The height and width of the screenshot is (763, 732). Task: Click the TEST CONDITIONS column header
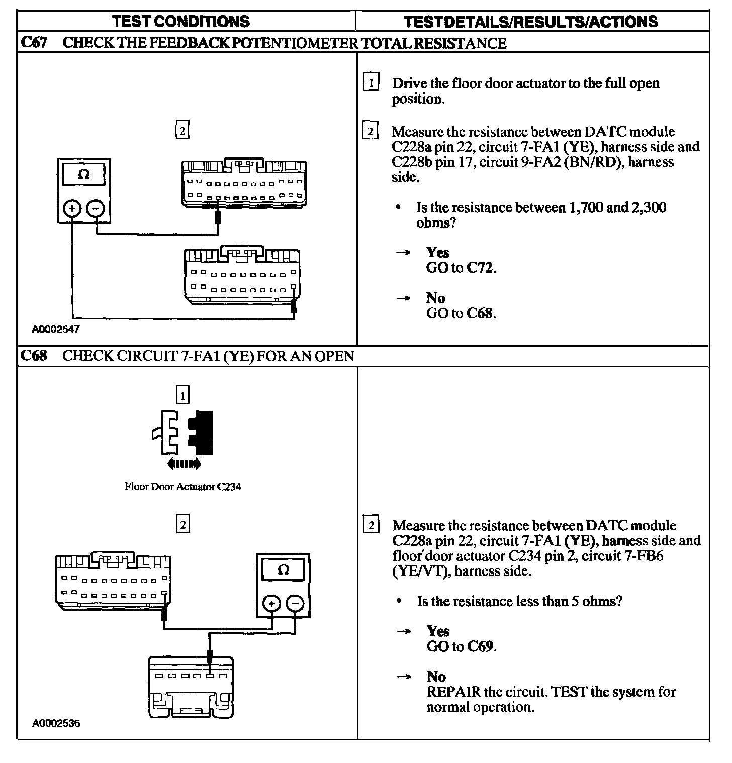click(x=181, y=21)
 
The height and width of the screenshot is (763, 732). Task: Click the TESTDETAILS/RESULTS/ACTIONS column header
click(x=531, y=22)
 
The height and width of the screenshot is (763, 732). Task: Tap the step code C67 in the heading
click(x=34, y=43)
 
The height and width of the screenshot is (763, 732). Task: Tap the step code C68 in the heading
click(x=34, y=356)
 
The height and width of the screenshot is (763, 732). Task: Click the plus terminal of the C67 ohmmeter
click(x=72, y=209)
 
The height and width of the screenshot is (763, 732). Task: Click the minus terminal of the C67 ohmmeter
click(x=96, y=209)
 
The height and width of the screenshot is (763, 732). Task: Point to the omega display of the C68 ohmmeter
click(x=283, y=570)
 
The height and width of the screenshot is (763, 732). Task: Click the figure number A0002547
click(x=56, y=329)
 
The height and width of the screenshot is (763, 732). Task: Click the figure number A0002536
click(x=56, y=724)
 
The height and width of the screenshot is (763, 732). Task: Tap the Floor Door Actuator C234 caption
click(x=182, y=487)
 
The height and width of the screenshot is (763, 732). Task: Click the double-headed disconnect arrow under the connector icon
click(x=184, y=463)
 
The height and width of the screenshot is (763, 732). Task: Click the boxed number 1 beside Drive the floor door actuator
click(x=371, y=82)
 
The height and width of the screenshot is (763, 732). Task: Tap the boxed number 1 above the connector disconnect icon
click(x=182, y=396)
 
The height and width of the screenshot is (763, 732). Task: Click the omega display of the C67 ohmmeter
click(x=84, y=175)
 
